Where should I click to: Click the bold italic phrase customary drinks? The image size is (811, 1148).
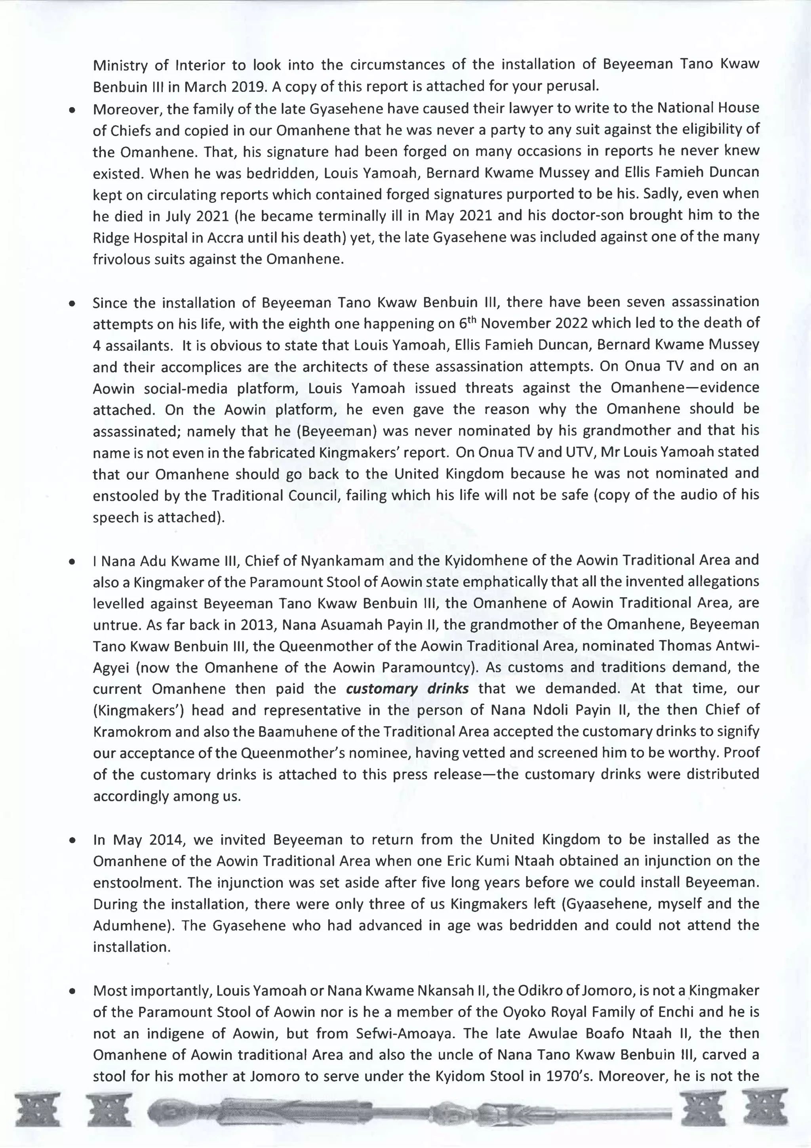407,689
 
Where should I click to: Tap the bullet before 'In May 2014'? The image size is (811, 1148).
73,840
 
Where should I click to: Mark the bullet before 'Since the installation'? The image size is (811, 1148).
73,304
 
